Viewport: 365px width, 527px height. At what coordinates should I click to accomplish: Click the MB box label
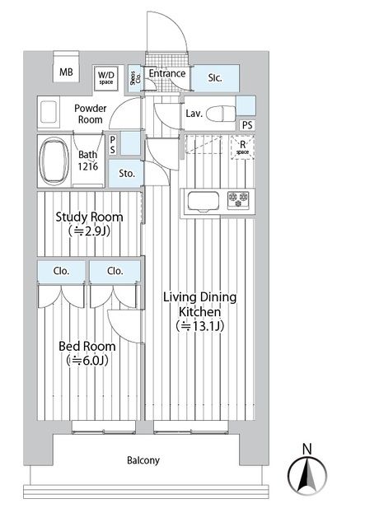[x=66, y=72]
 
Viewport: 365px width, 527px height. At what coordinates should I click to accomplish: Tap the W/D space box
[x=105, y=77]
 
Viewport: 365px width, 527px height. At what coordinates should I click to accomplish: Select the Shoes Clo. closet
[x=134, y=77]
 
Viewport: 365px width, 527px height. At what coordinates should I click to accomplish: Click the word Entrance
[x=166, y=73]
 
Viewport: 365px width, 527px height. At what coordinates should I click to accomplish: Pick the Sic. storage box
[x=215, y=78]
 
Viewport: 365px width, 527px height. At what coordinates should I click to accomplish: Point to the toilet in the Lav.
[x=220, y=113]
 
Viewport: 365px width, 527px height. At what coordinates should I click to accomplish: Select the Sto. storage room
[x=127, y=174]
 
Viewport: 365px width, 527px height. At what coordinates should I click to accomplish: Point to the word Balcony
[x=143, y=460]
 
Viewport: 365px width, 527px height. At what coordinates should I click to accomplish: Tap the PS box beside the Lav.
[x=247, y=124]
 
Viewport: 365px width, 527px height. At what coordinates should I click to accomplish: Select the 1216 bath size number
[x=88, y=166]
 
